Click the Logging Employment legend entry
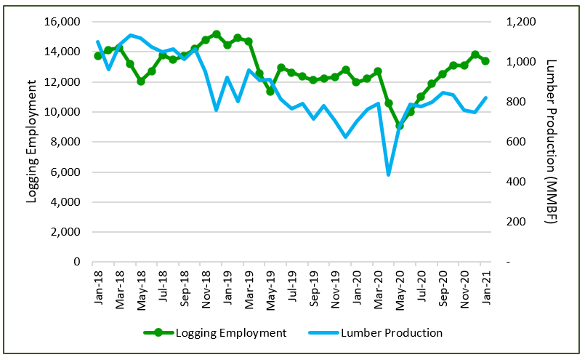(231, 333)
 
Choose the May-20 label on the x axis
(400, 280)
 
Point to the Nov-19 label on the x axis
(335, 280)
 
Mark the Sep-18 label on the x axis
(183, 280)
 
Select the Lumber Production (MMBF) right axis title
(550, 142)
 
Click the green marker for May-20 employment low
(400, 126)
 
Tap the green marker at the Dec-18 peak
(216, 34)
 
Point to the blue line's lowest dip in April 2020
(389, 175)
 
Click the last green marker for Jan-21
(485, 61)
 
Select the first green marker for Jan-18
(97, 56)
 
